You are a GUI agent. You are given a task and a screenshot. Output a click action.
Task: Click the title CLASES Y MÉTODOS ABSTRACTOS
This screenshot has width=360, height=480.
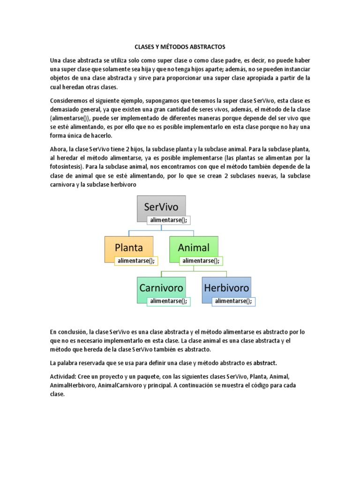coord(180,47)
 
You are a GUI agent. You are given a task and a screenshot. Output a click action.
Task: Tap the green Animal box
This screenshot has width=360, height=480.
coord(194,247)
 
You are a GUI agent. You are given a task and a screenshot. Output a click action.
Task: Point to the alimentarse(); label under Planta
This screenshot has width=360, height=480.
coord(136,261)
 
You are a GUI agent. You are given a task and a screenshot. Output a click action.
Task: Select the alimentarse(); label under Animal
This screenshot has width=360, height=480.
coord(201,261)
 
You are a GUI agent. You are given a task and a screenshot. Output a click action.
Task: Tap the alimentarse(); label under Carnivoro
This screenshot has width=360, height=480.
coord(168,301)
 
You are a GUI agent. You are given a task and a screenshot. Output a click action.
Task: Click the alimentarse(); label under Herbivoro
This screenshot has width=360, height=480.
coord(233,301)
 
